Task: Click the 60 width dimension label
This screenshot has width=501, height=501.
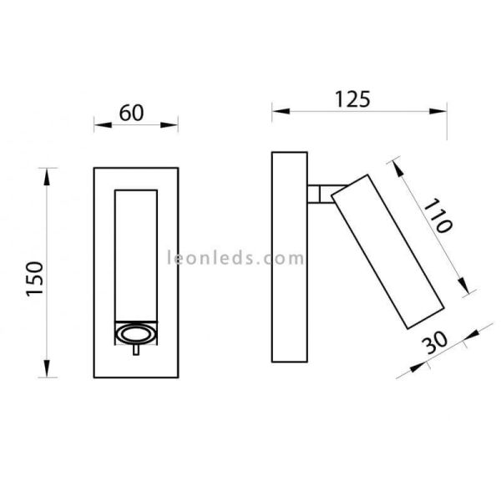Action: (x=131, y=113)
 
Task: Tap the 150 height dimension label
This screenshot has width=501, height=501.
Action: (x=35, y=279)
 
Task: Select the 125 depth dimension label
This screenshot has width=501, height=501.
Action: (x=352, y=99)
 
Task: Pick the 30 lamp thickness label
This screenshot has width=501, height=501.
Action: (x=434, y=342)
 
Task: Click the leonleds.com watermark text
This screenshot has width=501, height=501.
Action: (x=235, y=257)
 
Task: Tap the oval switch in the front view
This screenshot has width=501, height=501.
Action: (x=136, y=334)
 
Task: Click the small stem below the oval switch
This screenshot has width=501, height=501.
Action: (x=136, y=350)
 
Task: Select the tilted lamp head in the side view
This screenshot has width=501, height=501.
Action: (x=387, y=252)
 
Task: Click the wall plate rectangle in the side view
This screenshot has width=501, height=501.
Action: (x=290, y=257)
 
